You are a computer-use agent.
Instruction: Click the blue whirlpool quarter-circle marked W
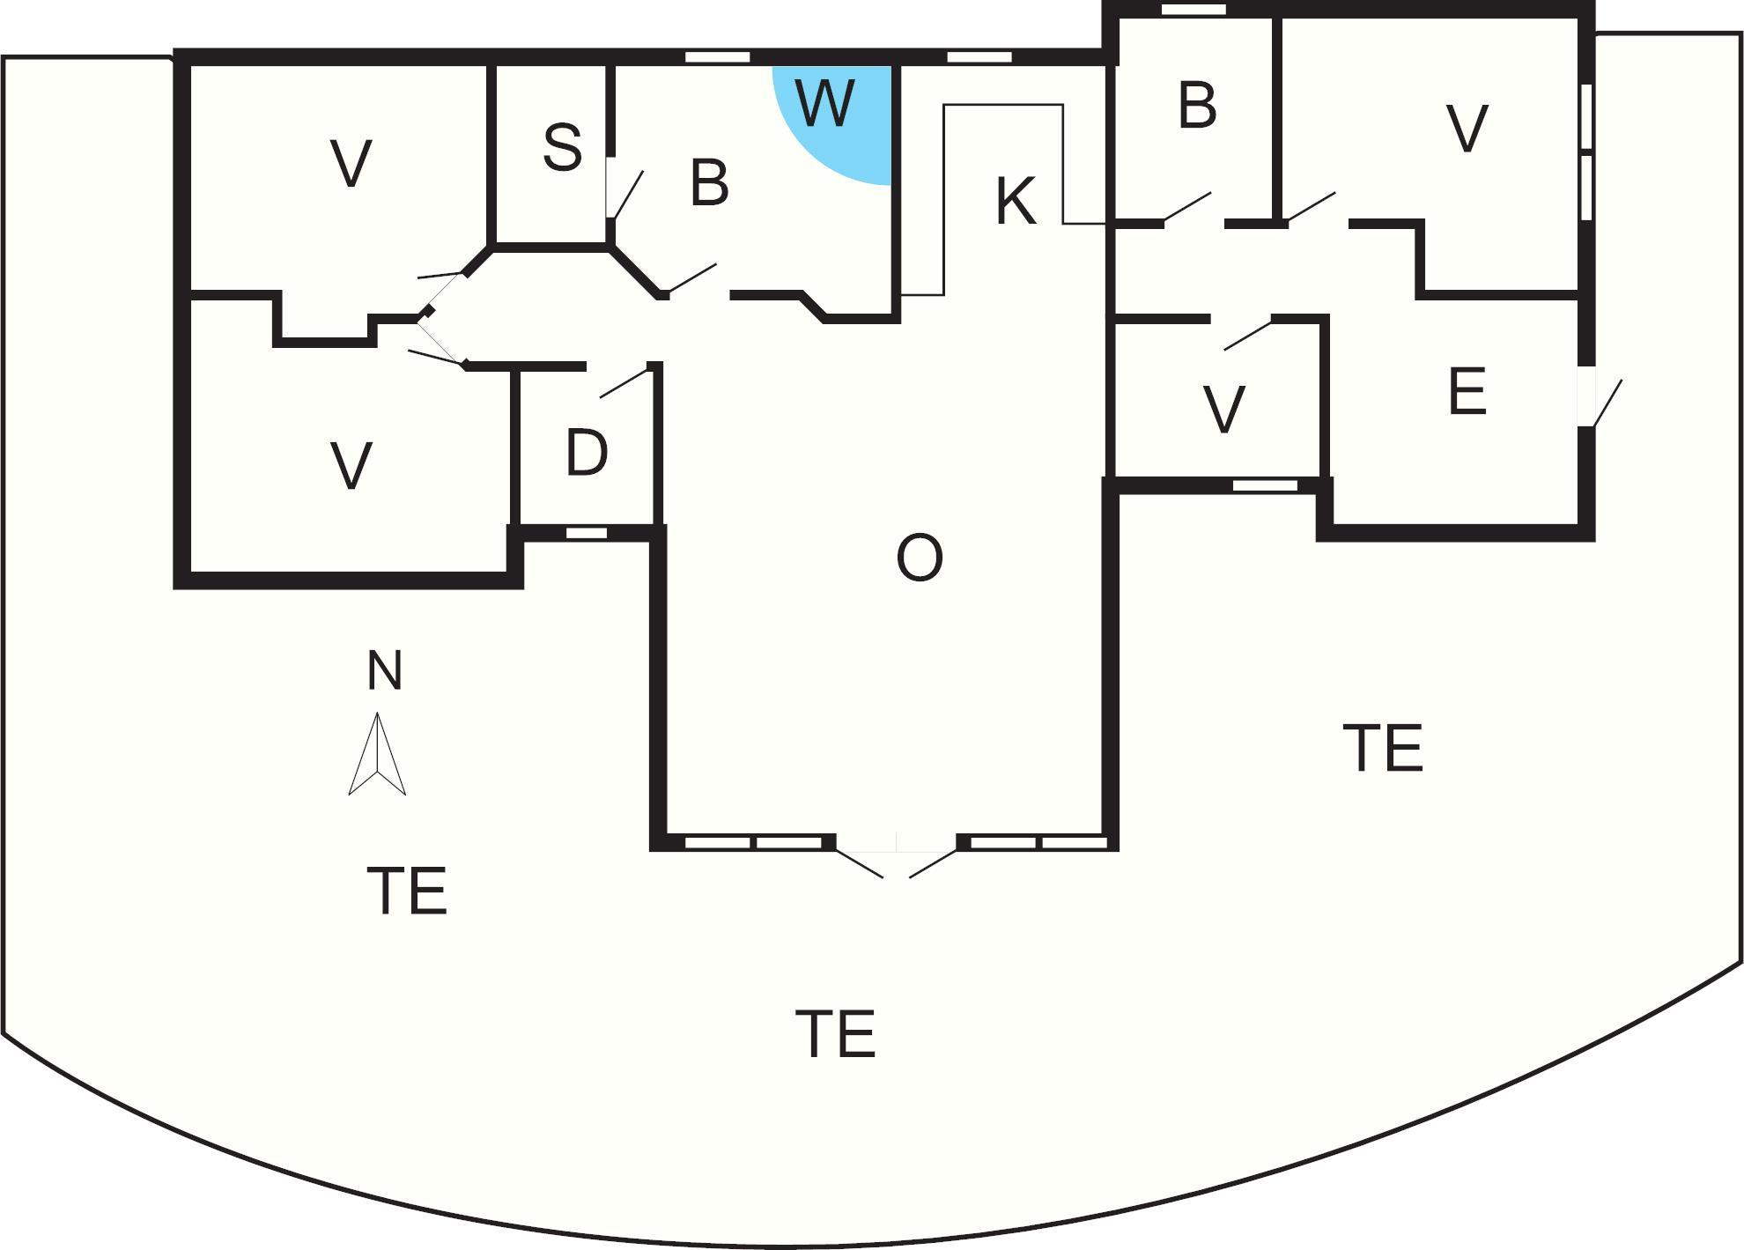[x=837, y=119]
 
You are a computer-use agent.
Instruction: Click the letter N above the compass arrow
[x=384, y=670]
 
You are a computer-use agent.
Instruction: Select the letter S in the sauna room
[x=562, y=147]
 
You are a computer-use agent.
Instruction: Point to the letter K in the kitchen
[x=1015, y=202]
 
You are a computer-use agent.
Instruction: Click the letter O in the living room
[x=919, y=558]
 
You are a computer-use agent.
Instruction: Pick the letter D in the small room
[x=587, y=454]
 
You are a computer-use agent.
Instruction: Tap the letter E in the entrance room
[x=1467, y=392]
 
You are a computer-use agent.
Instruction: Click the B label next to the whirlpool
[x=709, y=183]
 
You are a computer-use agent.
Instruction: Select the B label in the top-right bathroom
[x=1197, y=106]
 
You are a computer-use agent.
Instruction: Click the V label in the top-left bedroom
[x=351, y=164]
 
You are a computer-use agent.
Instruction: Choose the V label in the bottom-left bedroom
[x=351, y=466]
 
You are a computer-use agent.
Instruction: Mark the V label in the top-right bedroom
[x=1467, y=129]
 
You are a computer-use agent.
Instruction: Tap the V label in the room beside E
[x=1223, y=411]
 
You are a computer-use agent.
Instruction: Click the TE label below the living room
[x=835, y=1034]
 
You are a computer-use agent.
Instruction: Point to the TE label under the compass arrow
[x=406, y=891]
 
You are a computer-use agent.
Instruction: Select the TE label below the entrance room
[x=1382, y=748]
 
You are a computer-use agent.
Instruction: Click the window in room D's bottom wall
[x=586, y=533]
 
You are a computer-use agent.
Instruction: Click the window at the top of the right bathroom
[x=1193, y=10]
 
